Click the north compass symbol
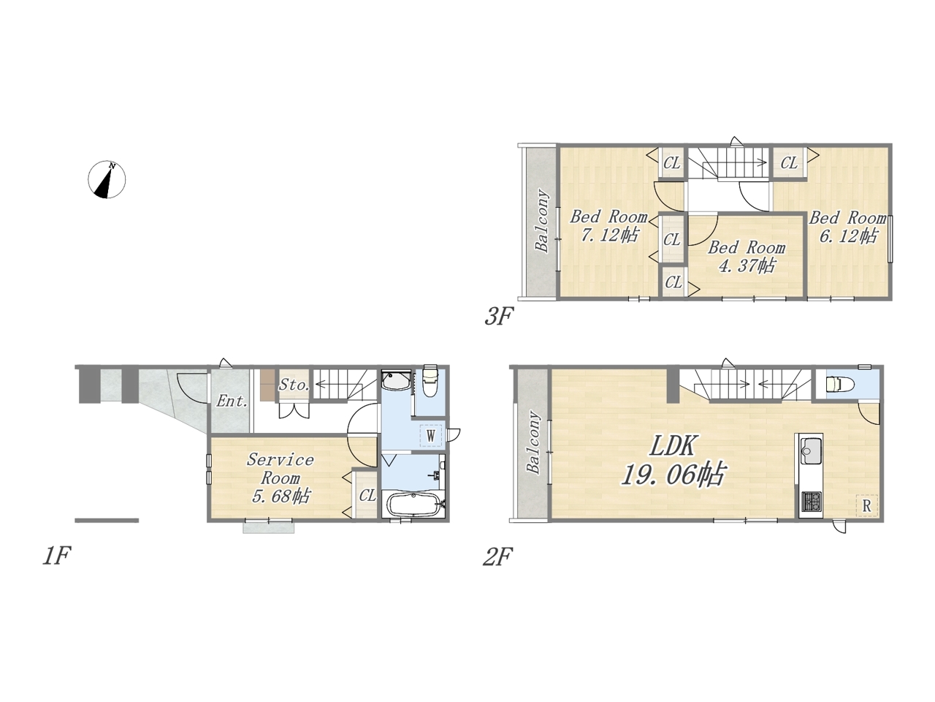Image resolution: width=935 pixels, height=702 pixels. [x=107, y=179]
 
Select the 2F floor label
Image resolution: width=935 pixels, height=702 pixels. [x=497, y=556]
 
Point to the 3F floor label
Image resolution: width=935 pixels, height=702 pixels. [x=498, y=317]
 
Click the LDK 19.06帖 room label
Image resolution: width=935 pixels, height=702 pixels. [x=673, y=461]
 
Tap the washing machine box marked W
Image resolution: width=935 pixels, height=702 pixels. [x=431, y=436]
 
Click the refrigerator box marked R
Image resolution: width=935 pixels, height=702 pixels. [x=866, y=506]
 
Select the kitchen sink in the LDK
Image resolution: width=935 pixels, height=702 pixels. [x=811, y=451]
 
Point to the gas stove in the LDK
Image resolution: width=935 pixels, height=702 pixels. [x=811, y=502]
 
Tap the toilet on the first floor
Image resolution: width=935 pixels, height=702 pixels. [x=430, y=381]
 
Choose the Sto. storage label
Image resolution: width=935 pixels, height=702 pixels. [x=294, y=385]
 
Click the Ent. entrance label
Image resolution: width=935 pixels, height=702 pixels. [x=232, y=401]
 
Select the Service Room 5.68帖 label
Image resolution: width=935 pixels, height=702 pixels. [x=280, y=478]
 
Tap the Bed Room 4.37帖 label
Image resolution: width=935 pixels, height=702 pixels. [x=747, y=257]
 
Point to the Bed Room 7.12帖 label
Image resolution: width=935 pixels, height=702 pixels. [x=609, y=226]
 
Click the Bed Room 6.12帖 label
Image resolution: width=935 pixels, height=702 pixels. [x=847, y=227]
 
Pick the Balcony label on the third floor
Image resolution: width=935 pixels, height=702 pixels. [x=542, y=221]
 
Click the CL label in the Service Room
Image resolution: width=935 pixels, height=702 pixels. [x=367, y=496]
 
